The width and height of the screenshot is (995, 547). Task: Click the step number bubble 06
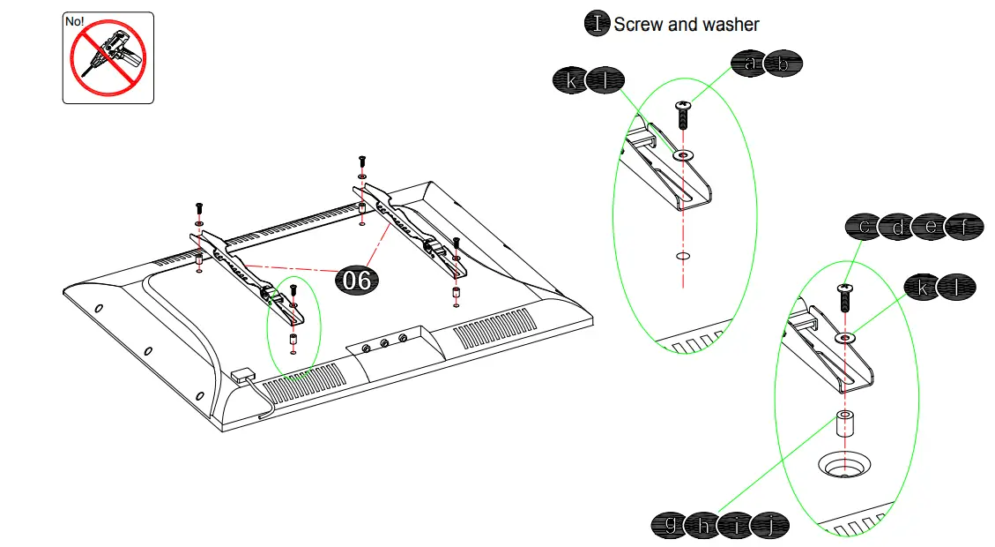pyautogui.click(x=358, y=280)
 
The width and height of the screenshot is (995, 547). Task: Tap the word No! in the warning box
pyautogui.click(x=75, y=19)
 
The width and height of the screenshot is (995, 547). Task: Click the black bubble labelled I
pyautogui.click(x=598, y=24)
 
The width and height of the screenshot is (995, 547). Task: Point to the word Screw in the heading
pyautogui.click(x=638, y=25)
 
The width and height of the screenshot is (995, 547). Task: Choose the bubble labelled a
pyautogui.click(x=750, y=63)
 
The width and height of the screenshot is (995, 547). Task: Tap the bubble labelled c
pyautogui.click(x=865, y=227)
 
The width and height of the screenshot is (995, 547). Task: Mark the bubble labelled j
pyautogui.click(x=769, y=526)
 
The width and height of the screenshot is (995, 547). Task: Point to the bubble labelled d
pyautogui.click(x=898, y=227)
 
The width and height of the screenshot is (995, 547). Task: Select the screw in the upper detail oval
pyautogui.click(x=682, y=115)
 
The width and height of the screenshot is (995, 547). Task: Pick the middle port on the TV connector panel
pyautogui.click(x=384, y=342)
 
